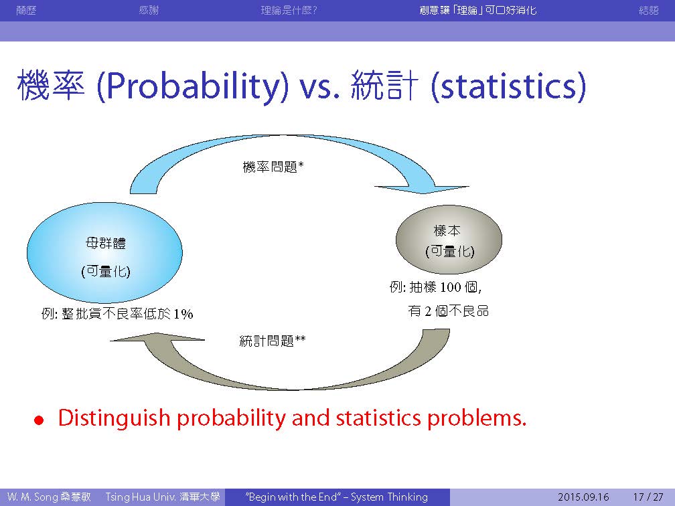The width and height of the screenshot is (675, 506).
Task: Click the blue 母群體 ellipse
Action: tap(104, 252)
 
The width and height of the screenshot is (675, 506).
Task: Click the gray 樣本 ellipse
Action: tap(449, 240)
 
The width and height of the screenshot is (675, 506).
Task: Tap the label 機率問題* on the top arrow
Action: tap(273, 167)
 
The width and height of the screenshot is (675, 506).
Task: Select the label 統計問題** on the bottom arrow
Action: tap(273, 341)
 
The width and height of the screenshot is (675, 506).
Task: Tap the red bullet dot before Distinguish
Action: tap(39, 420)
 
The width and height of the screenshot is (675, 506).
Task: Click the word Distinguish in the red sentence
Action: tap(114, 418)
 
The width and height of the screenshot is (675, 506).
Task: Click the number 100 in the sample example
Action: tap(451, 287)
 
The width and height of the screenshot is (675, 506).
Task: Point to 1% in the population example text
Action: tap(183, 314)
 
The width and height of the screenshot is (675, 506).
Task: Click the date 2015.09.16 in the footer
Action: tap(583, 497)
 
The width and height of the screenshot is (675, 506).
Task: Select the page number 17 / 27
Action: tap(648, 497)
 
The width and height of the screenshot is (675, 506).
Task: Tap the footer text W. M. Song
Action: tap(32, 497)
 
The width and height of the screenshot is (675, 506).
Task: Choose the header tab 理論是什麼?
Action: tap(289, 10)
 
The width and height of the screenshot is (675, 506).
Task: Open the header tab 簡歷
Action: tap(26, 10)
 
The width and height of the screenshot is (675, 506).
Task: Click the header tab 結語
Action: tap(649, 10)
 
